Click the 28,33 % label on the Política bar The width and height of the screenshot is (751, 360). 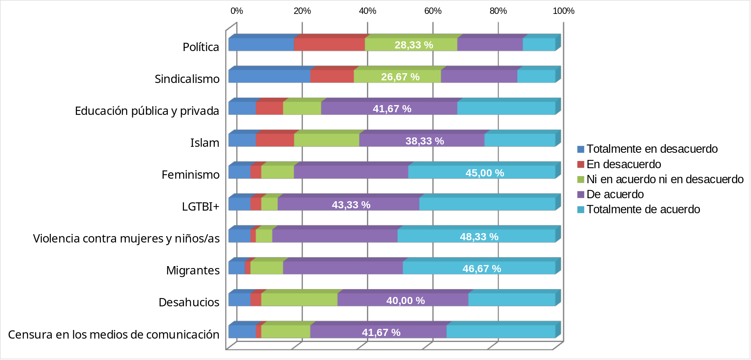(x=413, y=45)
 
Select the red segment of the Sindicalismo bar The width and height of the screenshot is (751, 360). (x=332, y=76)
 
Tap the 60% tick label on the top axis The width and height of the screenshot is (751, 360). (x=433, y=11)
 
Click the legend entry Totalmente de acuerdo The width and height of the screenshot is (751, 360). (x=643, y=209)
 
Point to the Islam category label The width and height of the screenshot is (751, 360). (x=205, y=143)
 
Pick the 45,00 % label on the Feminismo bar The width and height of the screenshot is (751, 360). (x=484, y=173)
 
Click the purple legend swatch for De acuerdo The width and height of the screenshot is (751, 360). (x=581, y=194)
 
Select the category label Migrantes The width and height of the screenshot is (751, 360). (x=193, y=271)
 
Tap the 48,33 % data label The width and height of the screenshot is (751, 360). (x=479, y=237)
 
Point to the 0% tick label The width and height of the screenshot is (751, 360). (x=237, y=11)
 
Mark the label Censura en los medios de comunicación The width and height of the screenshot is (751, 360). (x=113, y=334)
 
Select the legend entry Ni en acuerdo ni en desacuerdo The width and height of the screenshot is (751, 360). (x=665, y=179)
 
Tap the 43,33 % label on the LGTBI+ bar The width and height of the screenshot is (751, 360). (x=351, y=205)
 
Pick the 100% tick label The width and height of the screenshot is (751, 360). (x=563, y=11)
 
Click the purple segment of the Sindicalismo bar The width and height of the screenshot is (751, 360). (x=479, y=76)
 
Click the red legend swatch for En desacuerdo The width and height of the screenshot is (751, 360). (x=581, y=164)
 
